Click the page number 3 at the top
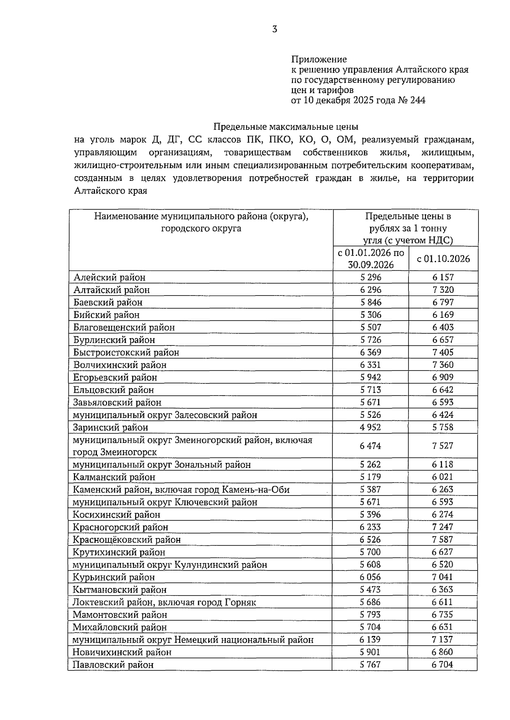pyautogui.click(x=275, y=29)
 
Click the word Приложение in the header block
pyautogui.click(x=319, y=59)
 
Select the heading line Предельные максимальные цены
pyautogui.click(x=286, y=127)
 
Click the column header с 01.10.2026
pyautogui.click(x=443, y=259)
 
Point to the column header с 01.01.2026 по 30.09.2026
pyautogui.click(x=371, y=259)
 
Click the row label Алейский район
pyautogui.click(x=109, y=277)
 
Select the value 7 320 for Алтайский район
pyautogui.click(x=443, y=290)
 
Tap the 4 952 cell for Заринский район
pyautogui.click(x=370, y=427)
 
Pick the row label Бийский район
pyautogui.click(x=106, y=315)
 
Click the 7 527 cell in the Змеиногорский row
pyautogui.click(x=443, y=446)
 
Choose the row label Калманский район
pyautogui.click(x=114, y=477)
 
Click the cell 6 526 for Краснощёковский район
pyautogui.click(x=370, y=539)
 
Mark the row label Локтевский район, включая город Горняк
pyautogui.click(x=164, y=602)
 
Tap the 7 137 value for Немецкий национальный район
pyautogui.click(x=443, y=639)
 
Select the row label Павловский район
pyautogui.click(x=113, y=664)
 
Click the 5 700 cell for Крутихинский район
pyautogui.click(x=370, y=552)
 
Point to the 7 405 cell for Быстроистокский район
pyautogui.click(x=443, y=352)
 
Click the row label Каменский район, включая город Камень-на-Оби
pyautogui.click(x=181, y=489)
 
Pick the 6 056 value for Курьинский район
pyautogui.click(x=370, y=577)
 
